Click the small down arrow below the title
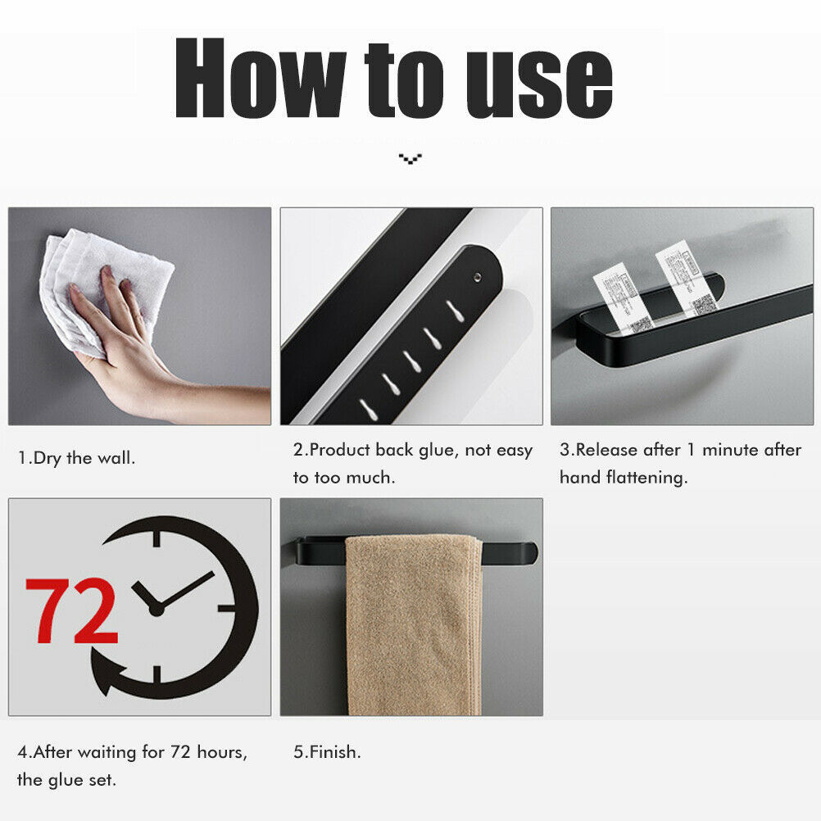tap(410, 157)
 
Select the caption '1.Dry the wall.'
tap(77, 458)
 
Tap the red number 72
tap(71, 611)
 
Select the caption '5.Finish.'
tap(327, 751)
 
